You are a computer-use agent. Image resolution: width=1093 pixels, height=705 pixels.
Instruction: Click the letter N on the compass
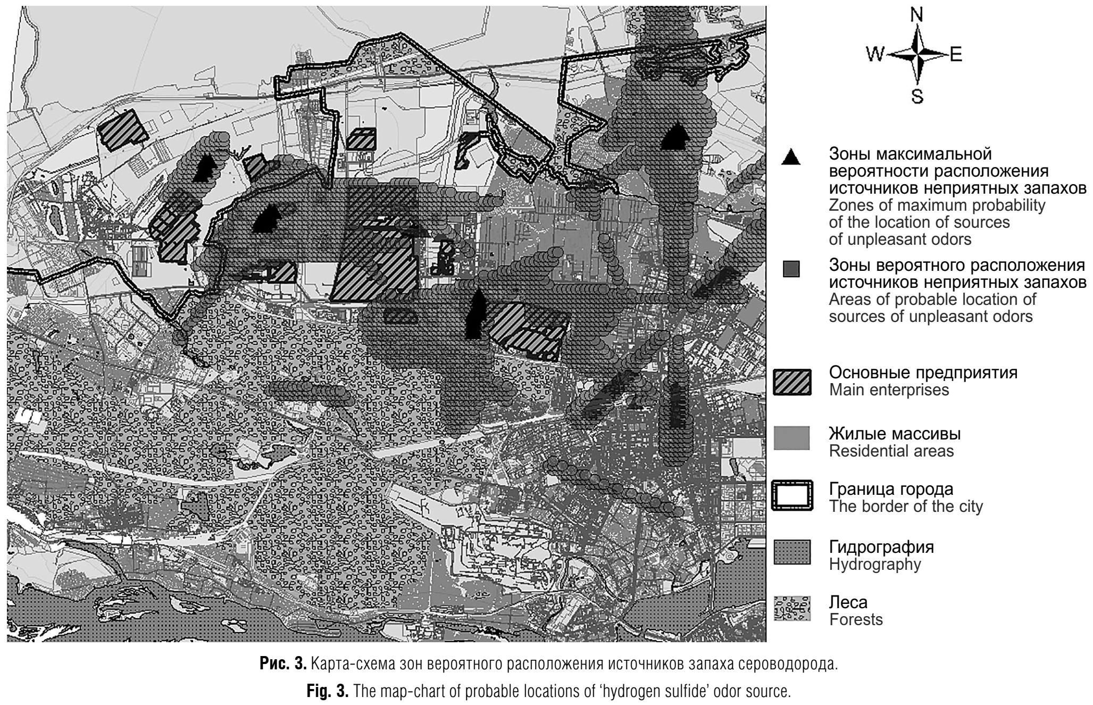coord(916,15)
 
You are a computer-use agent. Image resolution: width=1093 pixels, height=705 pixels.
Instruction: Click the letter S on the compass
coord(917,96)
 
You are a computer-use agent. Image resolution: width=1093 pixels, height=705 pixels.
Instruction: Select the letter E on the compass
coord(956,54)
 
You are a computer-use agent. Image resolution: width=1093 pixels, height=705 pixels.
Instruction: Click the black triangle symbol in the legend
coord(791,157)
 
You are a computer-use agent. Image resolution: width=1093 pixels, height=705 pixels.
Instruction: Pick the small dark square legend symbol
coord(791,269)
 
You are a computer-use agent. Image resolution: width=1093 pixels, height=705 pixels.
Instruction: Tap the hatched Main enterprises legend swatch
coord(792,382)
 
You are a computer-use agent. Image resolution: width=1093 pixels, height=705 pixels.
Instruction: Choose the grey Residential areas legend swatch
coord(792,438)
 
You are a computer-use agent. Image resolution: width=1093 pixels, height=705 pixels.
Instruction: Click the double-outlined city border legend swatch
coord(792,496)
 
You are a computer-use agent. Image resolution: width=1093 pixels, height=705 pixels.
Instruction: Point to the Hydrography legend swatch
coord(792,552)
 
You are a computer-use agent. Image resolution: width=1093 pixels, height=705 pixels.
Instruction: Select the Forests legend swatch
coord(792,608)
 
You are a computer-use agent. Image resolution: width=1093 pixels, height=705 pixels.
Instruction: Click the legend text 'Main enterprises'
coord(889,390)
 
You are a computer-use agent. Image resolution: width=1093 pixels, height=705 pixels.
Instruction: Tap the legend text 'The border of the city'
coord(906,506)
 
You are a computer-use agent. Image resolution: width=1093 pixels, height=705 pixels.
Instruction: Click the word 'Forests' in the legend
coord(856,619)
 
